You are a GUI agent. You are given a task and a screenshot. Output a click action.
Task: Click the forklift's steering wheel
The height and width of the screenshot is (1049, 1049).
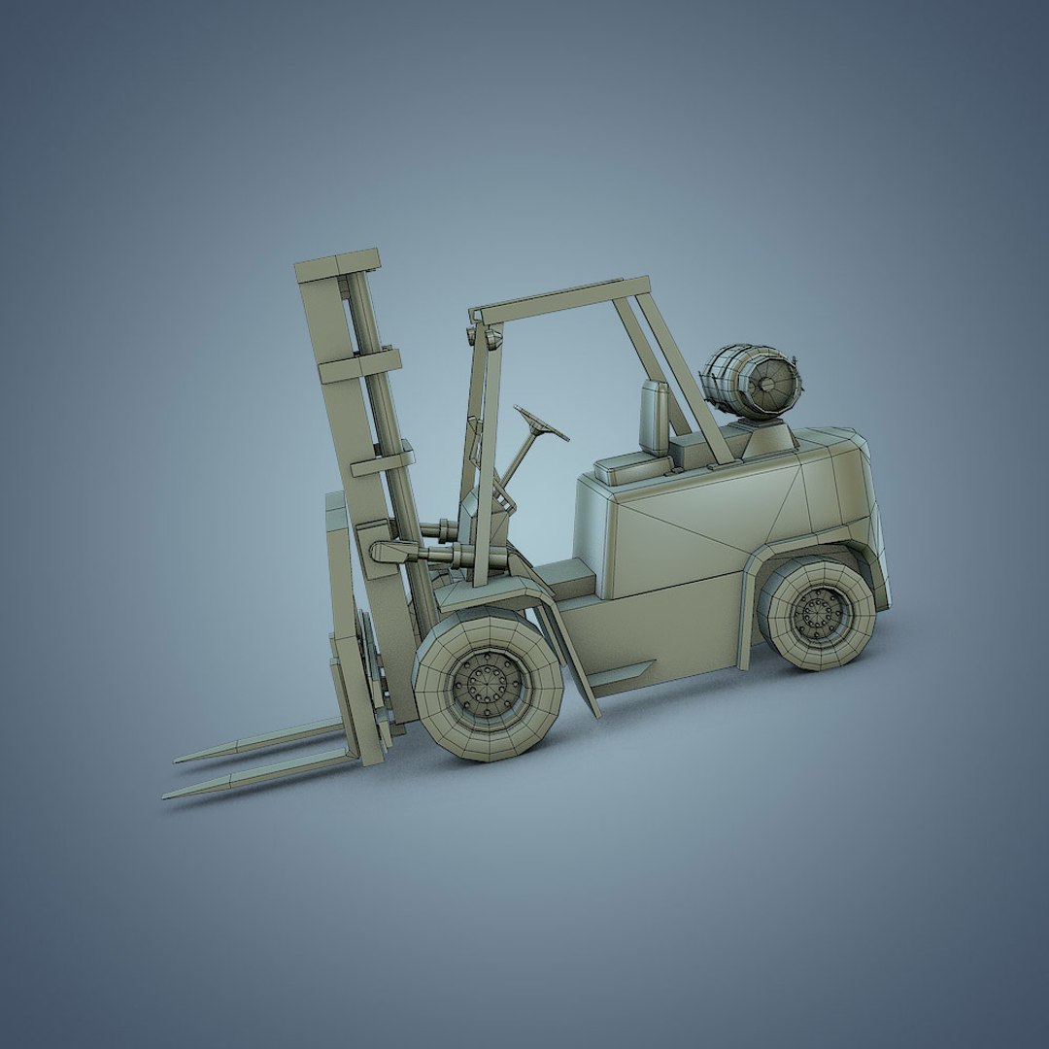541,423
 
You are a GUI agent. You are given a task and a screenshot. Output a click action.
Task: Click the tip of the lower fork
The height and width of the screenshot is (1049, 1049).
168,795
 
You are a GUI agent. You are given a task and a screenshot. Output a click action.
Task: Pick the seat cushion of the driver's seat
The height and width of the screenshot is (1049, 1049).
631,467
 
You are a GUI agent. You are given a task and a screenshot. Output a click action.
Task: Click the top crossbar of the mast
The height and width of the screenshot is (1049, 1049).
337,264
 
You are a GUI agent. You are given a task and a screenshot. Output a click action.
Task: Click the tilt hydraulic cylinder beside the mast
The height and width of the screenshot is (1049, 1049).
418,554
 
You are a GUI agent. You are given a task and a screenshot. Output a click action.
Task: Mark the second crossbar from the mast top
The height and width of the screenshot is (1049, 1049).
359,365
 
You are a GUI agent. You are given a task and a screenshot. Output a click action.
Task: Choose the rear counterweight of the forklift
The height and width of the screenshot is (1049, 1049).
855,515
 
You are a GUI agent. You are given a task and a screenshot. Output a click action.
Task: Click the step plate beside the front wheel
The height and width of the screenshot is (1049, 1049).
622,673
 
